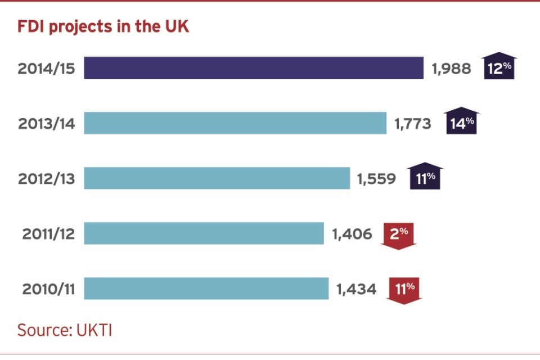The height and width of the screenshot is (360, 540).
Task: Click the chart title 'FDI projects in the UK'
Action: [103, 27]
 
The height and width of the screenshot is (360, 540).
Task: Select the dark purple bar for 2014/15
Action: [254, 68]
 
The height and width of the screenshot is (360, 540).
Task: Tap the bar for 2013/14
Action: [235, 123]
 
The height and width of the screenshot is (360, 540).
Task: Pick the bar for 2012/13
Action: [217, 178]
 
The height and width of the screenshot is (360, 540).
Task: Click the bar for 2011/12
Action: [204, 233]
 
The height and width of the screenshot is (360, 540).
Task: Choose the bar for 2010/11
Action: [206, 289]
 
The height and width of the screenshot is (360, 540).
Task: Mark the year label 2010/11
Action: [49, 289]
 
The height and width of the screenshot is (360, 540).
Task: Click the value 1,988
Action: [451, 69]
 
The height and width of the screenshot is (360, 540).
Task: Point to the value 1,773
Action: [413, 124]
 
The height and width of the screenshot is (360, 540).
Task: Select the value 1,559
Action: [376, 179]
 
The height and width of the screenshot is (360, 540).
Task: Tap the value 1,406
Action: [352, 234]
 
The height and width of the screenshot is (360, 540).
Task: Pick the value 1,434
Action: [356, 289]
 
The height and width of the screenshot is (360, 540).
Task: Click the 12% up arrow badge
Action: [499, 68]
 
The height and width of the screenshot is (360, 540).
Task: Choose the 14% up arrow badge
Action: [462, 121]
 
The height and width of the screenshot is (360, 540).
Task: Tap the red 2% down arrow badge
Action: [398, 235]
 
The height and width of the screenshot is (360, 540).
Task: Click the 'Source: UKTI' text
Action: [65, 330]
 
